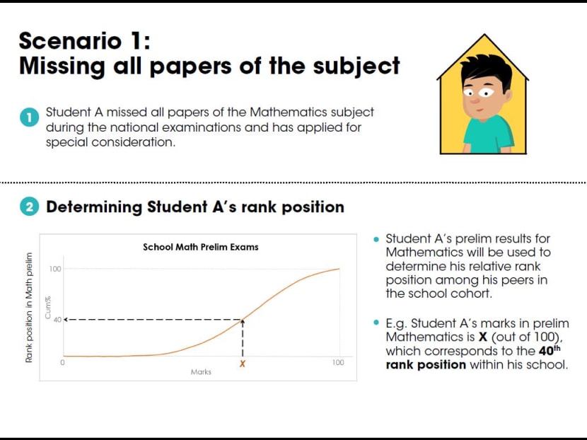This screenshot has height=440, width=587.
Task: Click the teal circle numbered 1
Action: [29, 117]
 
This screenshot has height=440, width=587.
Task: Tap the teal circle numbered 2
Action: [29, 207]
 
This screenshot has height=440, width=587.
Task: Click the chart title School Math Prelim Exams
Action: [201, 247]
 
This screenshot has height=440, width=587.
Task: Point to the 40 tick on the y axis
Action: [57, 320]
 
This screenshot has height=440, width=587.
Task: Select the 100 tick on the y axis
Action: [54, 269]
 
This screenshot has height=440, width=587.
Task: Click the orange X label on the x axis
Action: [243, 364]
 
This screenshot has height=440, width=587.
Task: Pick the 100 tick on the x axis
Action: [337, 362]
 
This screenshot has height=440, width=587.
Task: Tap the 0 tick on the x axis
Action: [62, 362]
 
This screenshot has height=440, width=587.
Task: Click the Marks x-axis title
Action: [201, 372]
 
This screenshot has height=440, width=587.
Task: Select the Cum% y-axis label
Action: [47, 308]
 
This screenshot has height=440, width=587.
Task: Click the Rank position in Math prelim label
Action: [29, 308]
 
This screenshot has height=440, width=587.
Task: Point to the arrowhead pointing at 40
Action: [66, 320]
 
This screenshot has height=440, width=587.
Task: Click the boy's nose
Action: [475, 100]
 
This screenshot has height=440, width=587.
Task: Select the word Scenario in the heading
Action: [71, 41]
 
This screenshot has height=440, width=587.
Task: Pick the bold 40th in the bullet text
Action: [550, 350]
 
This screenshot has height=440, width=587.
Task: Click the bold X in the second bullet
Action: [483, 337]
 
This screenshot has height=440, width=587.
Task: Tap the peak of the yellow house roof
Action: [484, 35]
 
